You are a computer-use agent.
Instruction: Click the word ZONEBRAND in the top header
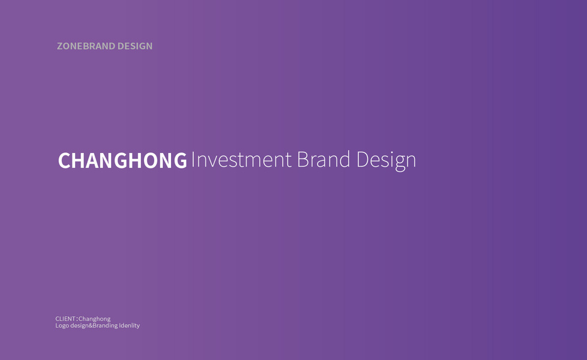coord(86,46)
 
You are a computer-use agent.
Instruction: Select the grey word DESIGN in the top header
coord(135,46)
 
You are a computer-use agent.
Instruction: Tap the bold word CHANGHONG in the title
coord(122,160)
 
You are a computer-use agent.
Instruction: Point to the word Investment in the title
coord(241,160)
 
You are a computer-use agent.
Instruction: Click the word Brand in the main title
coord(324,160)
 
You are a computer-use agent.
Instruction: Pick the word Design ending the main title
coord(386,161)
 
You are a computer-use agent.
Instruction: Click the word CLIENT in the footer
coord(65,319)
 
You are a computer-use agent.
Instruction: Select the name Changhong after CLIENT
coord(94,319)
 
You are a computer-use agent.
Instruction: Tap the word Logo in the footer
coord(62,326)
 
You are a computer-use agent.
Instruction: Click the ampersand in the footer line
coord(91,326)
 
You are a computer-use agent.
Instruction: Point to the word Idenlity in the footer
coord(129,326)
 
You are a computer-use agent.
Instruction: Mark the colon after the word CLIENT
coord(77,319)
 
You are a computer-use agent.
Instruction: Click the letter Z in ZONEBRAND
coord(60,46)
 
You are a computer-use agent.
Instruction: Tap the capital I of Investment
coord(193,160)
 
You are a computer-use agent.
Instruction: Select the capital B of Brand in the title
coord(303,160)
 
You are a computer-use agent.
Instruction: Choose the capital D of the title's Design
coord(363,160)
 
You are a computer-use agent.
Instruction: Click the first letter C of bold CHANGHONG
coord(64,160)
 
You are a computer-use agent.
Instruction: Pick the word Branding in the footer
coord(105,326)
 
